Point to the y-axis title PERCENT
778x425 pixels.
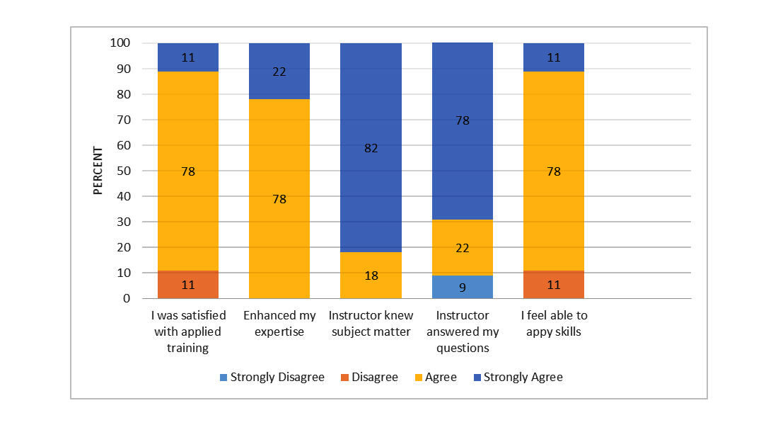coord(98,171)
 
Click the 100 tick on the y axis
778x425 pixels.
coord(120,43)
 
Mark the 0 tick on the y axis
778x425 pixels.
coord(126,298)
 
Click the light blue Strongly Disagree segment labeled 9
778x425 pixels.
coord(462,287)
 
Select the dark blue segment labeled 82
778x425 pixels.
coord(371,147)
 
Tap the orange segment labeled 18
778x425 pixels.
coord(371,275)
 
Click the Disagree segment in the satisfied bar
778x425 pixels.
coord(188,284)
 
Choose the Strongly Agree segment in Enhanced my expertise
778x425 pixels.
coord(279,71)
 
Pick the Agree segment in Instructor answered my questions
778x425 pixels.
coord(462,247)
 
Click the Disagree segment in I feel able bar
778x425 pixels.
coord(554,284)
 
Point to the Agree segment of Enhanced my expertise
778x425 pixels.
coord(279,198)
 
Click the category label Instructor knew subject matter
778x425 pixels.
coord(371,323)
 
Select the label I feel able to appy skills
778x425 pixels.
coord(554,323)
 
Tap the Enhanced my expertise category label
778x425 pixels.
coord(279,323)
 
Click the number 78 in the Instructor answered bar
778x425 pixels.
coord(462,121)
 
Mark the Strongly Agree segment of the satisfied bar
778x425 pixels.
coord(188,57)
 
